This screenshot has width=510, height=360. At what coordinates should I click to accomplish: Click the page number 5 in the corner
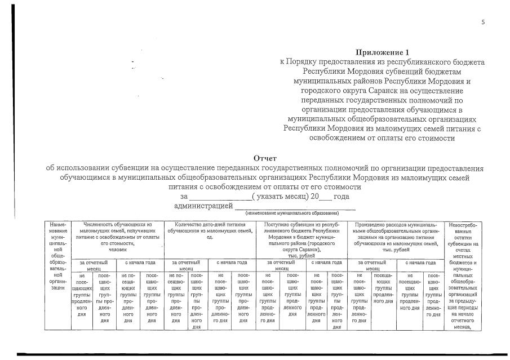pyautogui.click(x=483, y=23)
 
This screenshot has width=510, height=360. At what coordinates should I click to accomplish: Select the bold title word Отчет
pyautogui.click(x=265, y=159)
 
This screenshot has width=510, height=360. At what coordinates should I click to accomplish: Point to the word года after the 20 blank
pyautogui.click(x=342, y=197)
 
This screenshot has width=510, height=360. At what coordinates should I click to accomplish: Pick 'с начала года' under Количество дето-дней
pyautogui.click(x=230, y=263)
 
